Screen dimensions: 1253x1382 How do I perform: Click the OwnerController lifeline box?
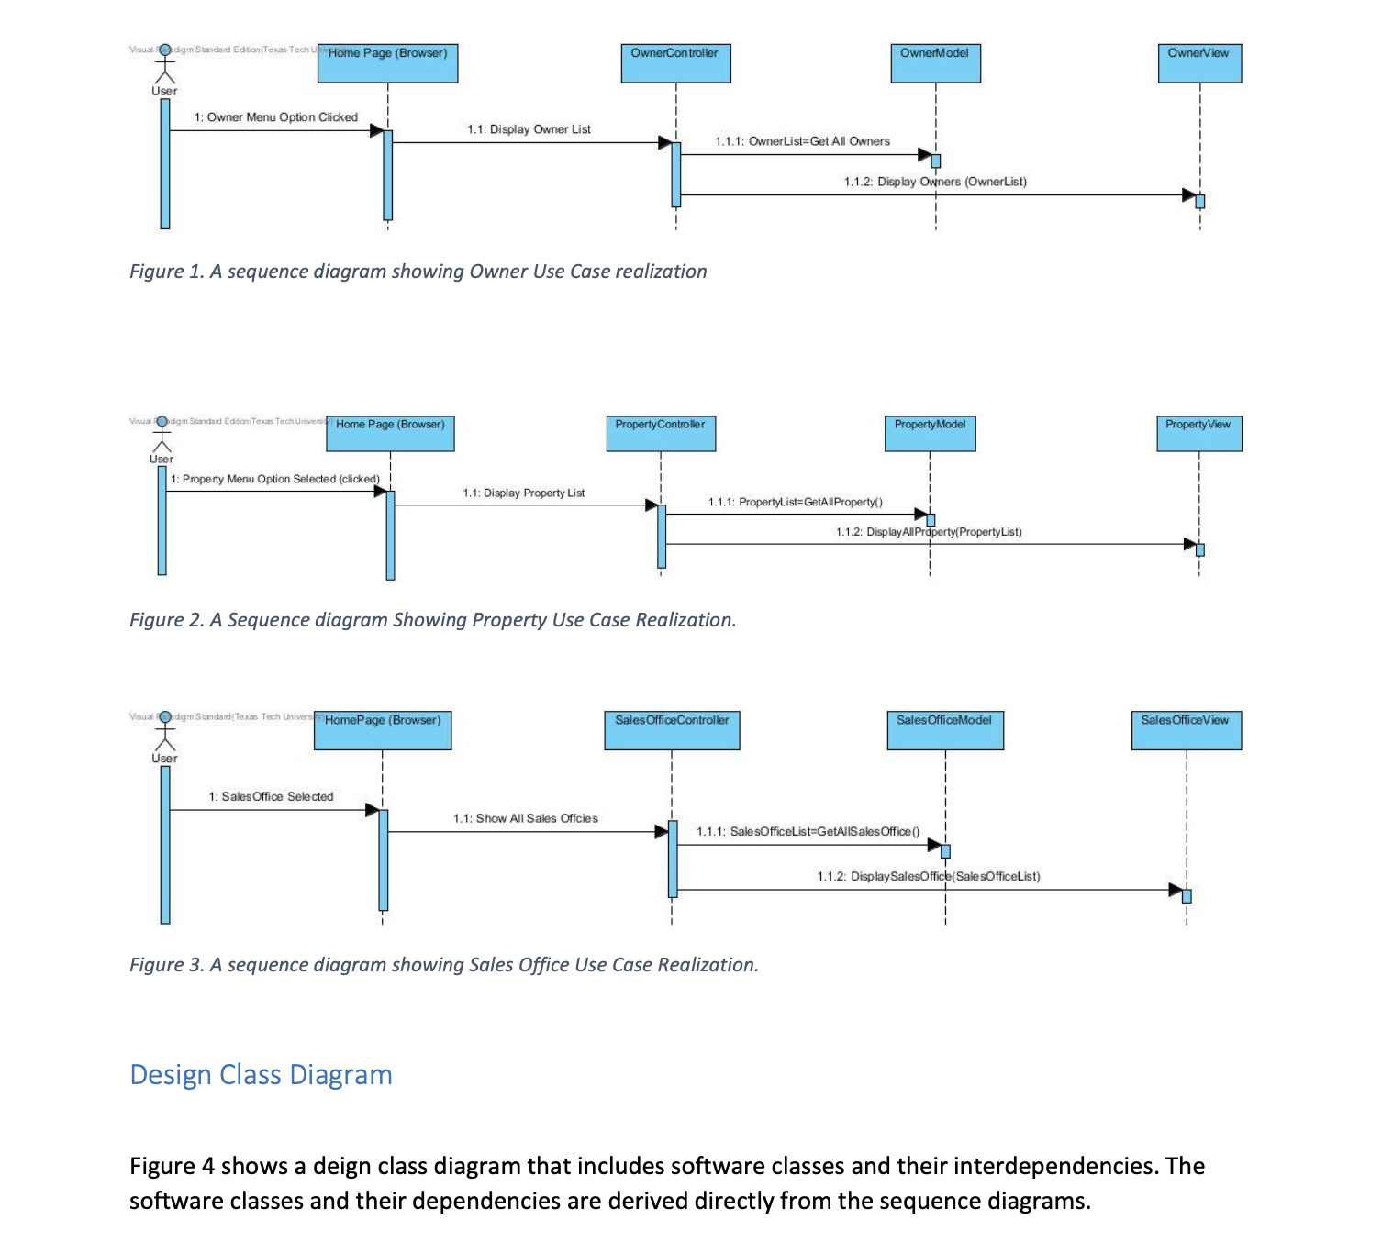(675, 63)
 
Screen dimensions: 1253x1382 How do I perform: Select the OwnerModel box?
(935, 63)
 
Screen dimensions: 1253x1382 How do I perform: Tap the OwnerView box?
(1199, 63)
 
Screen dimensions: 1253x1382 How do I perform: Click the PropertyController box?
(661, 433)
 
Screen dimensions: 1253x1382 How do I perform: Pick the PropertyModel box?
(930, 433)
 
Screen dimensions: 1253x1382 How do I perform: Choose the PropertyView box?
(1198, 433)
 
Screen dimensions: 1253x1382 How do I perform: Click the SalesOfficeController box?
(672, 730)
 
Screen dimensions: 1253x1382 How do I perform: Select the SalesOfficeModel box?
(945, 730)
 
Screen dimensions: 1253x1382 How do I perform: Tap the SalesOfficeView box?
(1186, 730)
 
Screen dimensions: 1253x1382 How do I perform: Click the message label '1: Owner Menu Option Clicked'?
(275, 117)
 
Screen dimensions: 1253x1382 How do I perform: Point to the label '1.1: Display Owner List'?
(529, 129)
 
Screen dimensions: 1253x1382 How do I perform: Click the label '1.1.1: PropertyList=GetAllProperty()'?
(795, 502)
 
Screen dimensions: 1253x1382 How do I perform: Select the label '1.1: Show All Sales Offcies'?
(525, 818)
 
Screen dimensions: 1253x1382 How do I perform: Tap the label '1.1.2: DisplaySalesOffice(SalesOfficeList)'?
(929, 877)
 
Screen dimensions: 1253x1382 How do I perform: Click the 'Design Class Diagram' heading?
(261, 1075)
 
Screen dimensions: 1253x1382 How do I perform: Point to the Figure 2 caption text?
(432, 620)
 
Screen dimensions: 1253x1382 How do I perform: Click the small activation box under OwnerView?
(1199, 201)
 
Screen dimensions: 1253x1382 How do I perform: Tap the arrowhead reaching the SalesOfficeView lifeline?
(1176, 890)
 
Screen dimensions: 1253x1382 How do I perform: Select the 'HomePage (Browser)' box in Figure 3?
(383, 730)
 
